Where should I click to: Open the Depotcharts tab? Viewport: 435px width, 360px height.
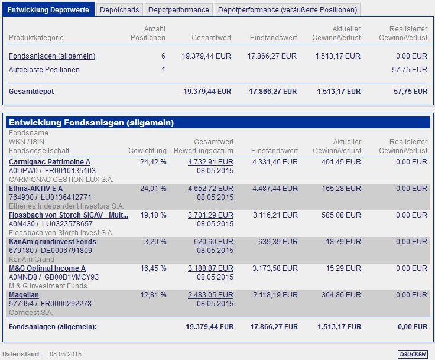click(x=119, y=9)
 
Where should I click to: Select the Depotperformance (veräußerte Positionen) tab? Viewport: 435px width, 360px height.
click(x=288, y=9)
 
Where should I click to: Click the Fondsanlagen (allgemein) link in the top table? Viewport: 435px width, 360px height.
click(x=52, y=56)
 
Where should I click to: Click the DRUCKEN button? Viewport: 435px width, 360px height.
click(x=412, y=354)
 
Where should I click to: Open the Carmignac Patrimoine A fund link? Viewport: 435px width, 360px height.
click(x=50, y=161)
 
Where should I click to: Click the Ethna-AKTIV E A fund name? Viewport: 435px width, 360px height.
click(x=36, y=188)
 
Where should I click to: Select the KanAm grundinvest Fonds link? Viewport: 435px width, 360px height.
click(x=53, y=241)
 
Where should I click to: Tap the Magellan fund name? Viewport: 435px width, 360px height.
click(x=24, y=294)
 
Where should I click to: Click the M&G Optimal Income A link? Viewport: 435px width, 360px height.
click(x=47, y=268)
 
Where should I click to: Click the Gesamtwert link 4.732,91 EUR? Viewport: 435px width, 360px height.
click(x=210, y=161)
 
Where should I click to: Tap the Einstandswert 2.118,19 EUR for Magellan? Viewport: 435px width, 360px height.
click(x=274, y=294)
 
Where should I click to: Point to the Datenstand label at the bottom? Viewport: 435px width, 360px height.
click(x=21, y=354)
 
